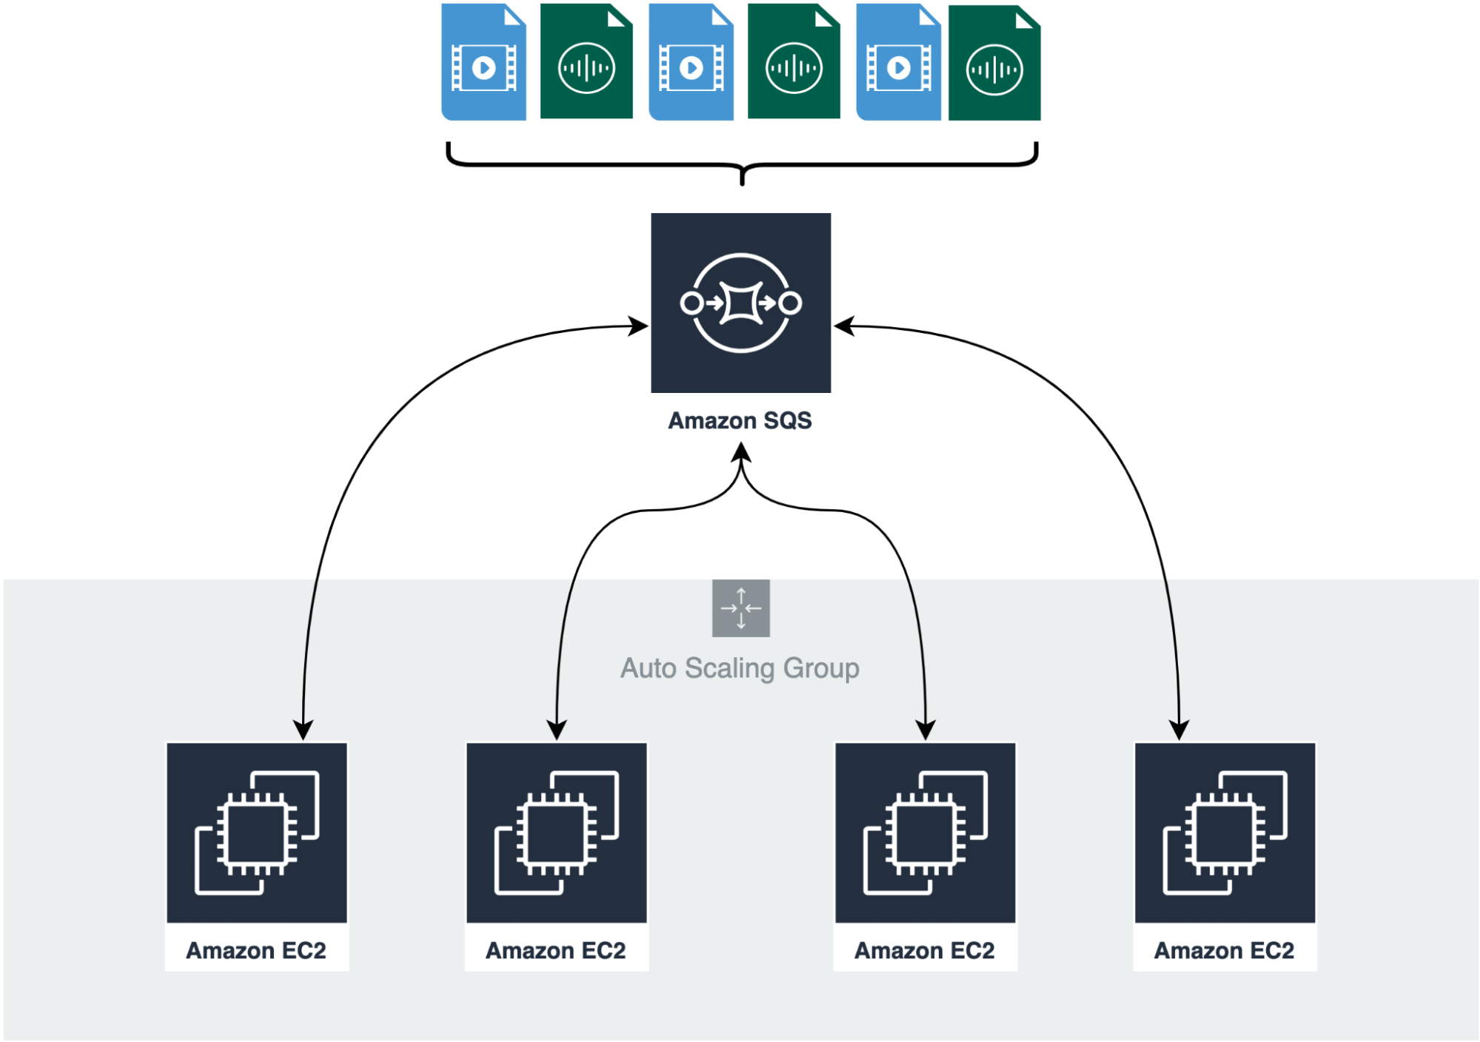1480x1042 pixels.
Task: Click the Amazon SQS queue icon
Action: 740,303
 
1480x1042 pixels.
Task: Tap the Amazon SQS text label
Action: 740,420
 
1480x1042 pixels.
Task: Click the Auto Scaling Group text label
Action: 740,668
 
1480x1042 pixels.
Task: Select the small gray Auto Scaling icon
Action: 741,608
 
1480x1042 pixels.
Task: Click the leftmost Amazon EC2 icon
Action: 257,833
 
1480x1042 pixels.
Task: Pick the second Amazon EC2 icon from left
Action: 557,833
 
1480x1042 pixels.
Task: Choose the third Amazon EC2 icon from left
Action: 925,833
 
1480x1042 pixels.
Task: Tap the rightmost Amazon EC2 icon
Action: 1225,833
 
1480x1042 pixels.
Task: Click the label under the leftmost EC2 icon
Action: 256,950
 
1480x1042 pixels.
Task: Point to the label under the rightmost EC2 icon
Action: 1225,950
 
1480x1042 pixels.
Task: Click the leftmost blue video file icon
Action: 483,61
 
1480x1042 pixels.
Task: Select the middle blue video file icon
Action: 691,61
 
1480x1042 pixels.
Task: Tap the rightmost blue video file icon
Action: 898,61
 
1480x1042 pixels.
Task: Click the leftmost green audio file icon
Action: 586,61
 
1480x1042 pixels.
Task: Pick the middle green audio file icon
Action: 794,61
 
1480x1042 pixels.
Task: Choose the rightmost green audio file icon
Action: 994,63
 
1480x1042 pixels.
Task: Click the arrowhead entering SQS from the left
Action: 639,326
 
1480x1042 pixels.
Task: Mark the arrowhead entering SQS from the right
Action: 844,326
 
